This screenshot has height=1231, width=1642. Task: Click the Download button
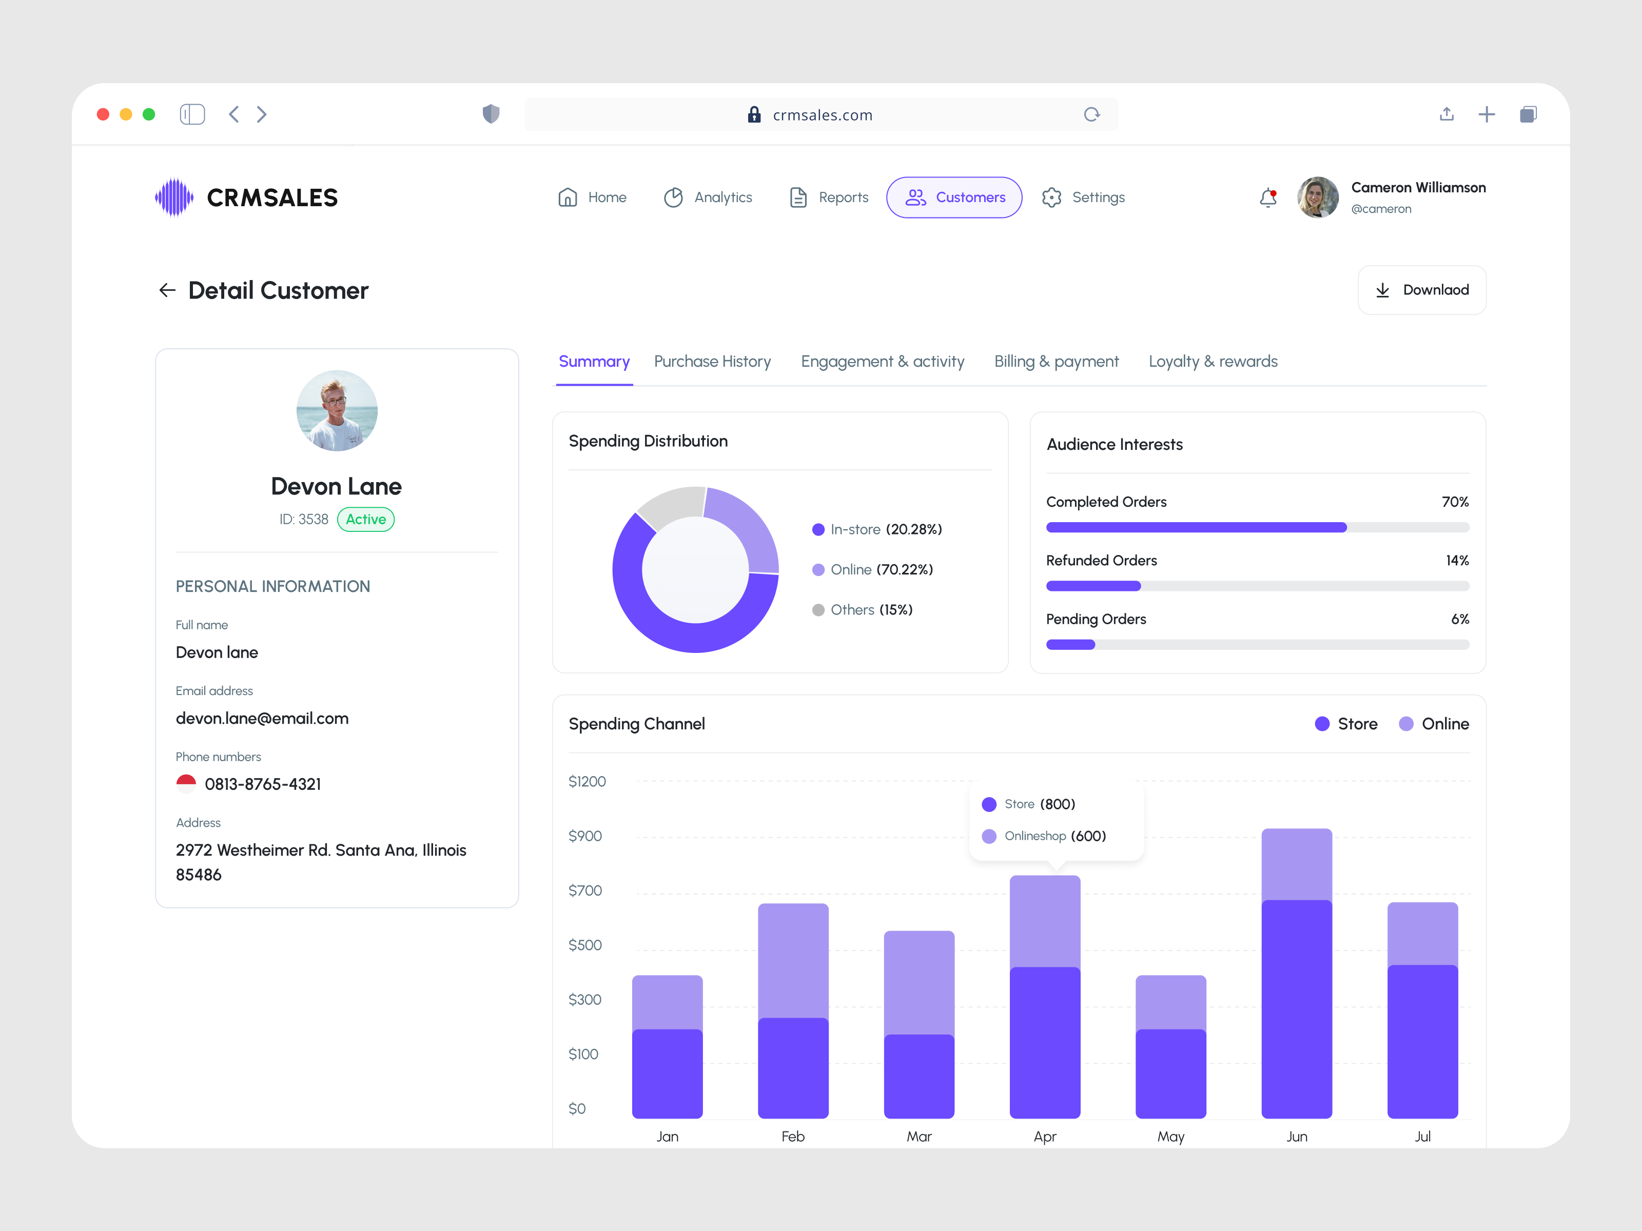click(1421, 290)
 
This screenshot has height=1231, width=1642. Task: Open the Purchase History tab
click(712, 362)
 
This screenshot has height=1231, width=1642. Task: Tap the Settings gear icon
click(1051, 197)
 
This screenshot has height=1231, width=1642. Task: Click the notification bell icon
click(1268, 197)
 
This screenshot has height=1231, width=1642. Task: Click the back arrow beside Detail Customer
click(167, 290)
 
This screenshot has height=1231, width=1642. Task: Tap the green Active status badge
click(365, 520)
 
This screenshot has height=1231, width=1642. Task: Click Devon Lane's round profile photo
click(337, 410)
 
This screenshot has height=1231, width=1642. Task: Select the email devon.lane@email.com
click(262, 718)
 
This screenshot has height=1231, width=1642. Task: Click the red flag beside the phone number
click(186, 784)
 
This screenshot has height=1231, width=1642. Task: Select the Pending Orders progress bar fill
click(1070, 645)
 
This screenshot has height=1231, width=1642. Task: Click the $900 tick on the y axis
click(585, 836)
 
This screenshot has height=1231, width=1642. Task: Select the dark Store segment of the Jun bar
click(1296, 1009)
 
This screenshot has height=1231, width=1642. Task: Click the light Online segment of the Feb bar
click(793, 961)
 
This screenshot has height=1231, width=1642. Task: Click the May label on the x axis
click(1170, 1137)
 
